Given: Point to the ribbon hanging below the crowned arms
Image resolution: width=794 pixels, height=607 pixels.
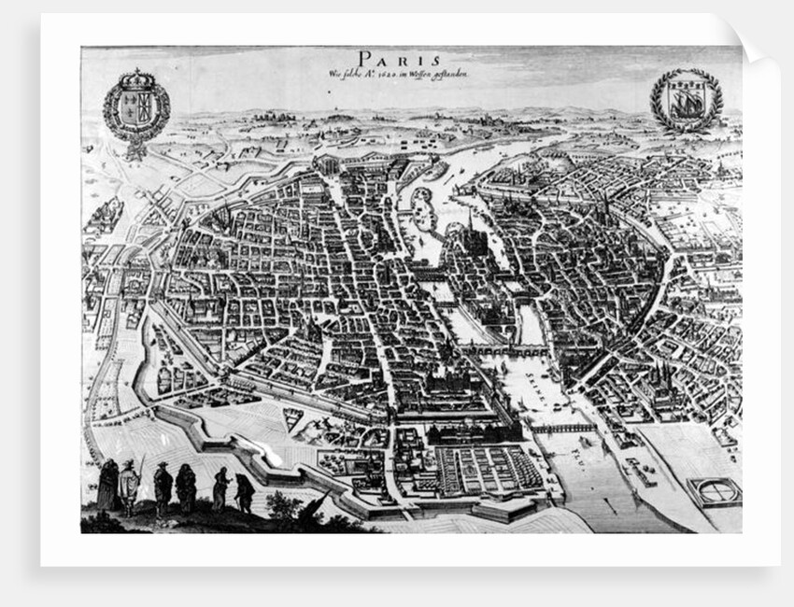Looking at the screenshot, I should (137, 148).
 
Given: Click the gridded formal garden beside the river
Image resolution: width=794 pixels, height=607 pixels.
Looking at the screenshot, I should (477, 466).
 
